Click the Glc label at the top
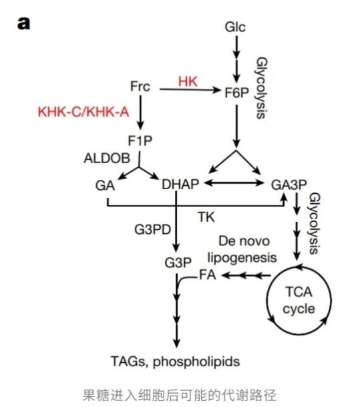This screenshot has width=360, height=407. click(x=235, y=27)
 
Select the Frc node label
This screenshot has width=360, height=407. click(x=140, y=86)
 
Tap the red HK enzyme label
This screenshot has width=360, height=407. click(x=188, y=82)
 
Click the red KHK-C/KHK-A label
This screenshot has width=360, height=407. click(x=83, y=112)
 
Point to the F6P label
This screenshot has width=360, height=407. click(x=237, y=93)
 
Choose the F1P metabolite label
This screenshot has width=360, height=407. click(x=140, y=141)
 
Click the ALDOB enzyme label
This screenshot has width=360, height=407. click(x=107, y=158)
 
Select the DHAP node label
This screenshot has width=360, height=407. click(x=180, y=184)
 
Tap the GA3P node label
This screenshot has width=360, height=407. click(x=289, y=185)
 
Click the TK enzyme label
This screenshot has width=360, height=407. click(x=206, y=217)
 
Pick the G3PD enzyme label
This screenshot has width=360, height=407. click(x=153, y=229)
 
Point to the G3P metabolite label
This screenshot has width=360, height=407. click(x=178, y=263)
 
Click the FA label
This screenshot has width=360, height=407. click(x=208, y=275)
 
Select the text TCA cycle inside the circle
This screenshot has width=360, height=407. click(x=299, y=300)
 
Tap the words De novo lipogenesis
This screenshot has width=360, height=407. click(x=242, y=249)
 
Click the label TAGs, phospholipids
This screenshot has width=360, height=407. click(x=176, y=362)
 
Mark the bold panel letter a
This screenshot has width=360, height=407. click(x=23, y=23)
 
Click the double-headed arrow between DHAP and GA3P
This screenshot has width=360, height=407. click(x=234, y=183)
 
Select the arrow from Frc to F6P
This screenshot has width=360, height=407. click(x=190, y=90)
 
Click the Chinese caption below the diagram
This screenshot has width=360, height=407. click(x=179, y=395)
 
